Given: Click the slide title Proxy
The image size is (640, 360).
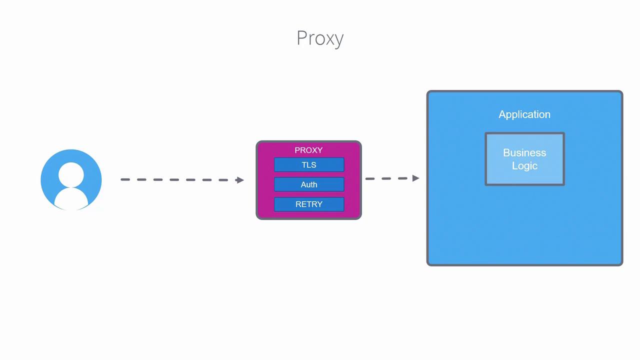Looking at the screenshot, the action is click(x=320, y=38).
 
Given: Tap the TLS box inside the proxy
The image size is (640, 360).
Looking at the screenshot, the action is click(x=309, y=164).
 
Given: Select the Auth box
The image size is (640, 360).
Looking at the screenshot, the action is click(x=309, y=184).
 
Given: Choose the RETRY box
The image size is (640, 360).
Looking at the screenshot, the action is click(x=309, y=204).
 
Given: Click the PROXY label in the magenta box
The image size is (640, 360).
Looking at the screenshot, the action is click(x=308, y=150).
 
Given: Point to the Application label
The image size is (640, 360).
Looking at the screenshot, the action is click(x=524, y=114).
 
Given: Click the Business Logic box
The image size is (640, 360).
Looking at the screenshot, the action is click(x=524, y=159).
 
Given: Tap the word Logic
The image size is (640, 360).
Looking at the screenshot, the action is click(x=524, y=166).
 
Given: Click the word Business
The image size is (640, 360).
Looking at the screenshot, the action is click(x=524, y=152).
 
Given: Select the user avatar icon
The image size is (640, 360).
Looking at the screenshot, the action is click(x=71, y=179).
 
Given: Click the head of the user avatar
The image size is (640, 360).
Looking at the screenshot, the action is click(x=71, y=174).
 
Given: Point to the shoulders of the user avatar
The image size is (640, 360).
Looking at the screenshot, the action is click(x=71, y=199).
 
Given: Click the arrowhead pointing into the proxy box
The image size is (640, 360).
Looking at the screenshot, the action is click(x=239, y=180).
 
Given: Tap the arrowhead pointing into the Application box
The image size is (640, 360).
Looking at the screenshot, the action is click(x=415, y=178).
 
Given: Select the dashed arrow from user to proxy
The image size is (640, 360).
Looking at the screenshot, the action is click(x=182, y=179).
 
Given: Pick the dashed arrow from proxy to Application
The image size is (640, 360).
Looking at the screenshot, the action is click(x=392, y=178).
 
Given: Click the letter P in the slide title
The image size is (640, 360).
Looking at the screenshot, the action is click(x=301, y=38).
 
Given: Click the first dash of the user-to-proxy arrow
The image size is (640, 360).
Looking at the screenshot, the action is click(x=125, y=179).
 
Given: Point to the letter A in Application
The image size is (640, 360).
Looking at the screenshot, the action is click(x=502, y=114).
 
